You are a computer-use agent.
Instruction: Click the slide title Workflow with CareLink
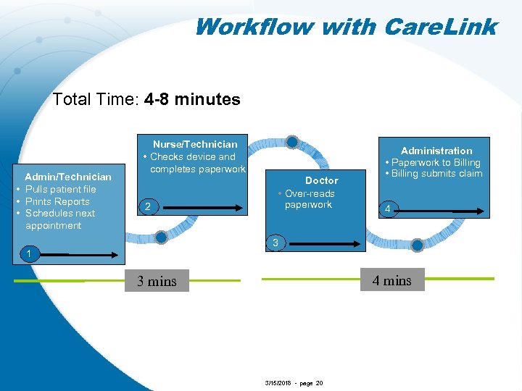click(x=345, y=27)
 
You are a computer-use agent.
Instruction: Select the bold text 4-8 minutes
click(x=192, y=99)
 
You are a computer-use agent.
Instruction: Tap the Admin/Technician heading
click(x=68, y=177)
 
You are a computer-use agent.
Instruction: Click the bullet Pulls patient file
click(x=60, y=189)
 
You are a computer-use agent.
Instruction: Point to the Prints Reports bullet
click(x=57, y=201)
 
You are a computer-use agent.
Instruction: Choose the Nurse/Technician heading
click(x=195, y=144)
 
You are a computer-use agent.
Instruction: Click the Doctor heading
click(x=321, y=180)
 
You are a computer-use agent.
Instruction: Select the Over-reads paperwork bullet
click(x=309, y=199)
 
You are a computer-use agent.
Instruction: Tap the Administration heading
click(x=436, y=151)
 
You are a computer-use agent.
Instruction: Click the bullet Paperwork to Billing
click(x=436, y=162)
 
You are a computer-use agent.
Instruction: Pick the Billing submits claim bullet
click(x=436, y=174)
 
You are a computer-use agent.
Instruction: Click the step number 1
click(x=28, y=253)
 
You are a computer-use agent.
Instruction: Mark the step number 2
click(x=147, y=208)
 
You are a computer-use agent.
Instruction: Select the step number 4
click(x=389, y=209)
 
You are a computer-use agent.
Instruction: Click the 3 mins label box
click(x=157, y=282)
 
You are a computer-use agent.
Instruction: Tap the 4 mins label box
click(x=391, y=281)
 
